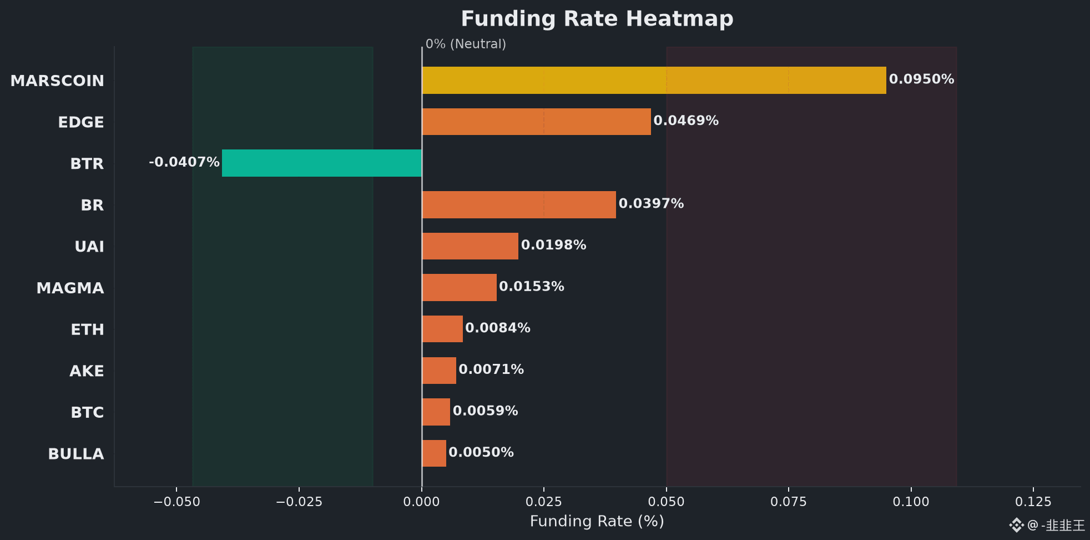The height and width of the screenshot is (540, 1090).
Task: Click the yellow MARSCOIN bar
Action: (654, 80)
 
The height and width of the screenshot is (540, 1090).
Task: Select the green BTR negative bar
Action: (322, 163)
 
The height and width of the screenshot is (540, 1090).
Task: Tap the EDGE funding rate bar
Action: (536, 122)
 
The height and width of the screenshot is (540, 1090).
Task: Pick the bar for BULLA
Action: (434, 453)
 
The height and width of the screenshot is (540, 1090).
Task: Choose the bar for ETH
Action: (442, 329)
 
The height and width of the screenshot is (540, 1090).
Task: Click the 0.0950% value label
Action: (921, 79)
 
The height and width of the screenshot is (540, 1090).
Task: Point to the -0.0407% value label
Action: (184, 162)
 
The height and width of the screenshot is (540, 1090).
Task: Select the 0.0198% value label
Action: (553, 245)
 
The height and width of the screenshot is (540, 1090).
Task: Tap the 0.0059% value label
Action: (485, 411)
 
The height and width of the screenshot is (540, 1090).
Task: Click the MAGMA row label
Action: (70, 288)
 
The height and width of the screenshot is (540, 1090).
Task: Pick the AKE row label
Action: (87, 371)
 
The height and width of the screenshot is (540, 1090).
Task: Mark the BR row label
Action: (92, 205)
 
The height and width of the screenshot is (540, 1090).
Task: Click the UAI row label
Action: (89, 246)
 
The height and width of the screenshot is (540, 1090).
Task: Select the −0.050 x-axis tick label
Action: (176, 502)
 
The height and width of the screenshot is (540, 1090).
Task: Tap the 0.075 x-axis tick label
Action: (789, 502)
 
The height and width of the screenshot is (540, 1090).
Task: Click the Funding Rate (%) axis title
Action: (597, 521)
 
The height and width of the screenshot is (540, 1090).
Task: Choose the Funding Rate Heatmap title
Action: (597, 18)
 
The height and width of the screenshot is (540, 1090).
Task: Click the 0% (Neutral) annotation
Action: (466, 44)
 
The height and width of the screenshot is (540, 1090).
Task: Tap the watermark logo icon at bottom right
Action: (1016, 525)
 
